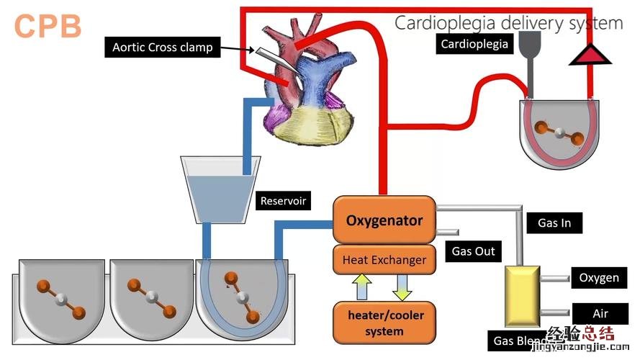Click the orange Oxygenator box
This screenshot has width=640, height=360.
click(x=384, y=220)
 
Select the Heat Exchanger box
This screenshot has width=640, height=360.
click(x=384, y=259)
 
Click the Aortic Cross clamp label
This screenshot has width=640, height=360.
click(x=163, y=48)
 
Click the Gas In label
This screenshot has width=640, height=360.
click(x=554, y=222)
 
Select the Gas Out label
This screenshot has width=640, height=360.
click(x=473, y=251)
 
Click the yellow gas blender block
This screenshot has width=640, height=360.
click(x=522, y=295)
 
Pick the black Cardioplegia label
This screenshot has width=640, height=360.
click(x=474, y=44)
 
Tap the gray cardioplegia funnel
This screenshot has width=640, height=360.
click(x=530, y=45)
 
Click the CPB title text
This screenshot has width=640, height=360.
click(x=48, y=26)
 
